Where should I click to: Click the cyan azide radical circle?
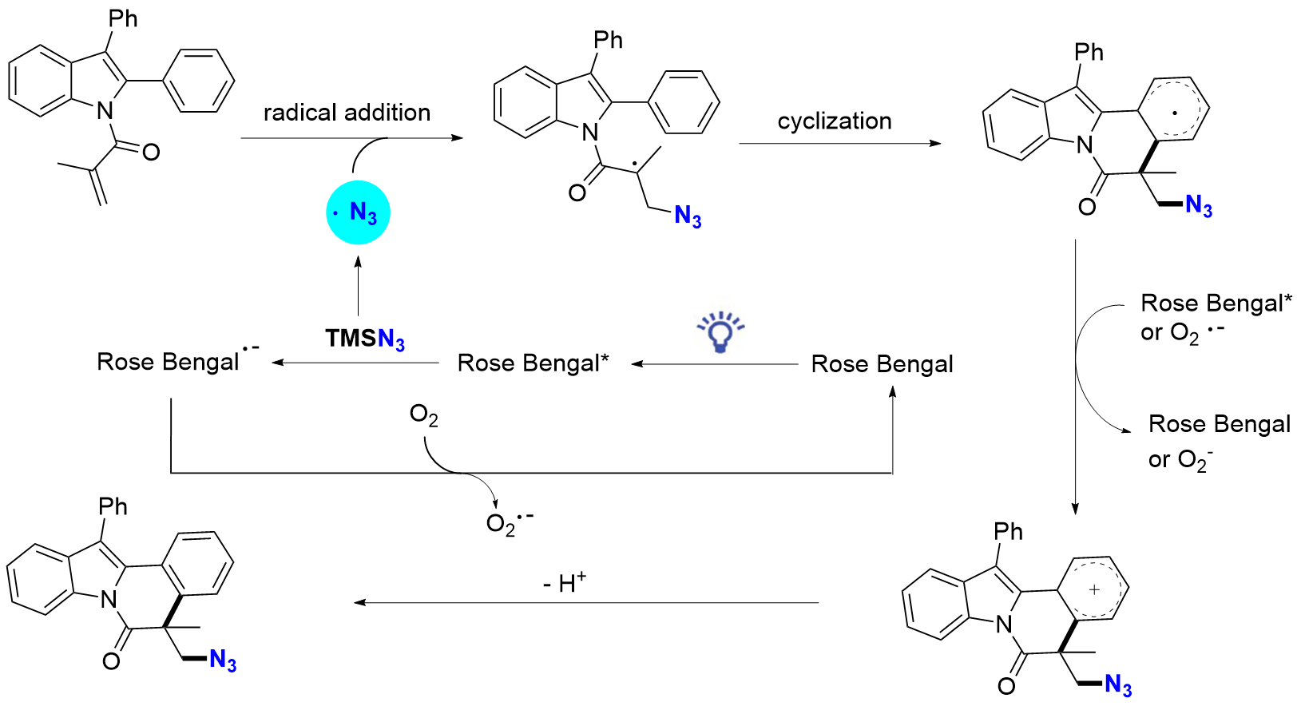[358, 212]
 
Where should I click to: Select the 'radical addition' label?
[347, 113]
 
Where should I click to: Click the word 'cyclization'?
[835, 121]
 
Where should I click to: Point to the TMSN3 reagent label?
[365, 339]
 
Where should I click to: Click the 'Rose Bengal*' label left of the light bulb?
[533, 363]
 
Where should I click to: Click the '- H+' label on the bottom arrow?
[564, 583]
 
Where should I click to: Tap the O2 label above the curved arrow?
[423, 415]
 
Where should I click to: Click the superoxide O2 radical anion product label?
[509, 523]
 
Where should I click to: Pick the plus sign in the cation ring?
[1094, 589]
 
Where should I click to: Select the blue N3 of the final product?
[223, 661]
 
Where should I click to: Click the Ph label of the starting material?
[123, 18]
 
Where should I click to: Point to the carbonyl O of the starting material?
[151, 152]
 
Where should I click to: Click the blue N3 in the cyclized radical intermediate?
[1199, 206]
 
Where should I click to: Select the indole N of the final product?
[109, 600]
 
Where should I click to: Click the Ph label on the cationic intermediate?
[1008, 531]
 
